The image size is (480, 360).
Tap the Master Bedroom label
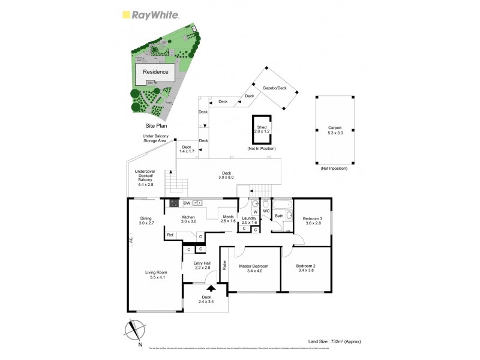click(253, 266)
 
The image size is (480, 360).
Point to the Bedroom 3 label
click(312, 218)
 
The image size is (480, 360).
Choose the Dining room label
click(146, 218)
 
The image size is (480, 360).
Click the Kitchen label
click(188, 217)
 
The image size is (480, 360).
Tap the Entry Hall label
click(202, 263)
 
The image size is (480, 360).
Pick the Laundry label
click(249, 218)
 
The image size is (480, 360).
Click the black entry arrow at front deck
click(211, 289)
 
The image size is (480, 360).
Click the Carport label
click(335, 128)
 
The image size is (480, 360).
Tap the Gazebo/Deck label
click(274, 88)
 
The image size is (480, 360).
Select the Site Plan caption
click(157, 127)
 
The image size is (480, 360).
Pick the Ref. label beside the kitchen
click(171, 235)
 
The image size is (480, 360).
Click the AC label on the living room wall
click(130, 240)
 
